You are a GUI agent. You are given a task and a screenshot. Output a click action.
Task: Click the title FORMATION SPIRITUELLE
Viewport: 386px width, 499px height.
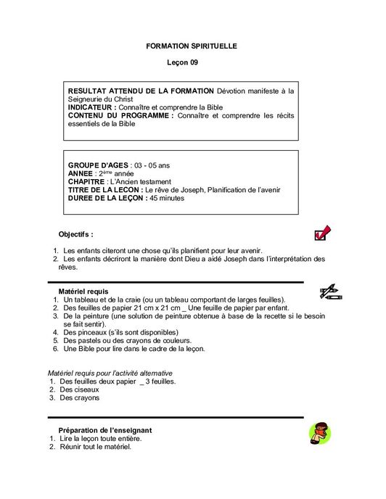pos(192,46)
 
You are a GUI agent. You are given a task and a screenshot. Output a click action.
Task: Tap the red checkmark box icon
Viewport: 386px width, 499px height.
pos(322,233)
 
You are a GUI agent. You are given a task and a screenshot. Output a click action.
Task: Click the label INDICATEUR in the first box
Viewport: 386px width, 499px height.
pos(91,107)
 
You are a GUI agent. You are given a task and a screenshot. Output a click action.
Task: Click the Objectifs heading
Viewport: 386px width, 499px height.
pos(75,234)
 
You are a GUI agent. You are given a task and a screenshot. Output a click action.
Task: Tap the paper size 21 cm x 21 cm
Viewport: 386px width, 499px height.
pos(169,308)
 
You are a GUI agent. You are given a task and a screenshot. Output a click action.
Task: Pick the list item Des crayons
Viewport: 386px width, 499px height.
pos(79,397)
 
